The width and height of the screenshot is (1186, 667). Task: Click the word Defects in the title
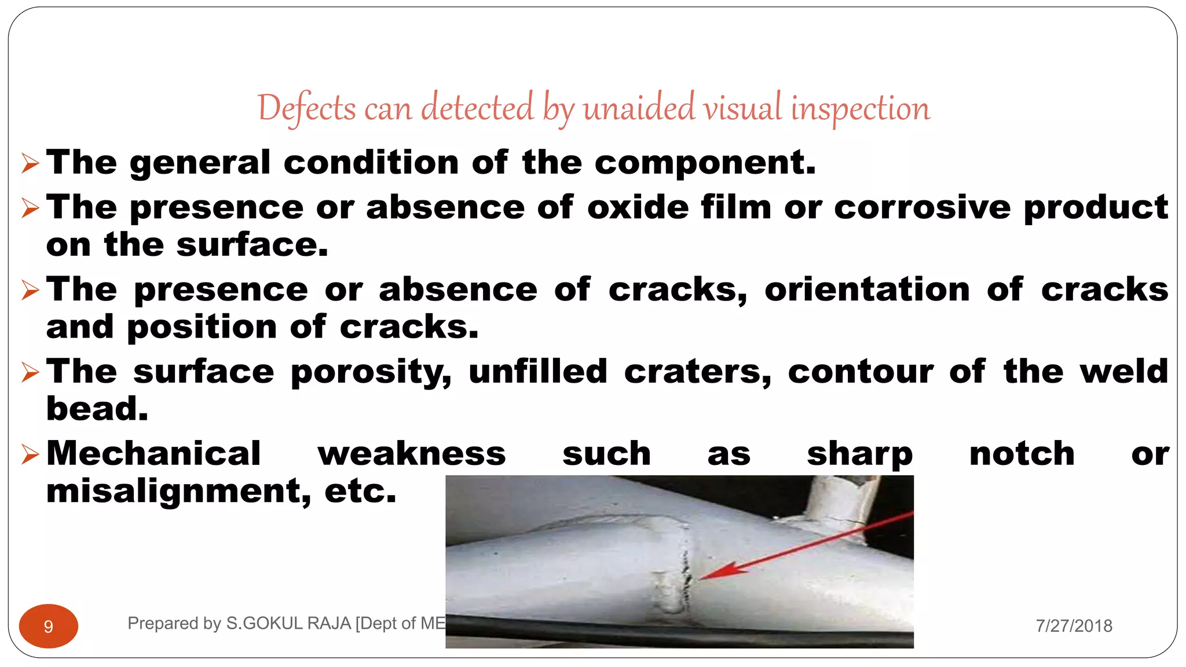306,108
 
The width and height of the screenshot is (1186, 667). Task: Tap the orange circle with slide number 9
49,626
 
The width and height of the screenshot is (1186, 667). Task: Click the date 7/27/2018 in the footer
1074,626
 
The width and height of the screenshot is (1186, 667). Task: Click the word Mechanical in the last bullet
153,453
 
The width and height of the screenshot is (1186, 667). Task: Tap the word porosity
371,372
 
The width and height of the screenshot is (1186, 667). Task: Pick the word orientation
867,289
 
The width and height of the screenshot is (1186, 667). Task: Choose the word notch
1022,453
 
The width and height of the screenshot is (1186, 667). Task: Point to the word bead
97,409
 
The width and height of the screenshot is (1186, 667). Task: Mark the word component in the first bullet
705,162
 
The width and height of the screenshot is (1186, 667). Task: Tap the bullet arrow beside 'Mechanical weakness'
30,455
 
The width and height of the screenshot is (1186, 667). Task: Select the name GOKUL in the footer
273,624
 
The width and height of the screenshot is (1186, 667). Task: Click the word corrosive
923,207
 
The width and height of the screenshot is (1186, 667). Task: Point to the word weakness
412,453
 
